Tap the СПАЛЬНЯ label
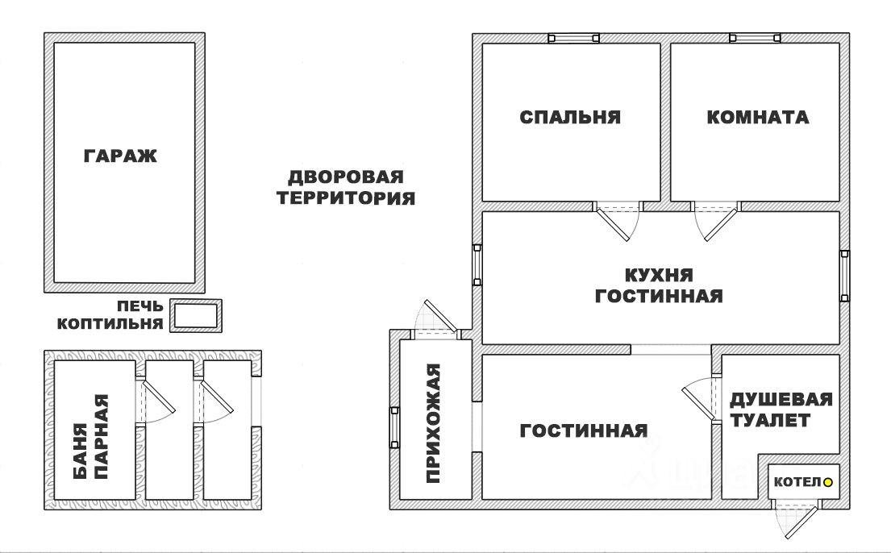[x=570, y=118]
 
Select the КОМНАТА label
[x=757, y=118]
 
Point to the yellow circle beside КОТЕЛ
[x=827, y=483]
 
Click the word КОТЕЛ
[x=797, y=483]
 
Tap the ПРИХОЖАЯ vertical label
[x=435, y=423]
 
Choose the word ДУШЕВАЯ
[x=781, y=400]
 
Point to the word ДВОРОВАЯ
[x=346, y=177]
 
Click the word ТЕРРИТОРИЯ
[x=346, y=197]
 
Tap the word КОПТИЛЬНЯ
[x=110, y=324]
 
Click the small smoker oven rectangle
[x=197, y=315]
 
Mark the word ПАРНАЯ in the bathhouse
[x=102, y=438]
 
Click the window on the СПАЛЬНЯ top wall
[x=573, y=38]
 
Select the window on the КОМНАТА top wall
[x=756, y=38]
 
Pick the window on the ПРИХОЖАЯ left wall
[x=394, y=427]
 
